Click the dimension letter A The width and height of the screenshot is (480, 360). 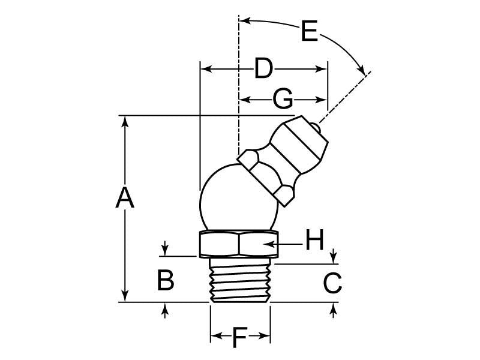(124, 198)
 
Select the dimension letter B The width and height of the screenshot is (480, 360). (166, 280)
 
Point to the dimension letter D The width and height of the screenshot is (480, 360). (263, 69)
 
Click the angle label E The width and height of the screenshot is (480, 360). (309, 31)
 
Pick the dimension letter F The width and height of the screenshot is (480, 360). (239, 340)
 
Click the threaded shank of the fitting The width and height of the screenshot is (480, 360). (240, 280)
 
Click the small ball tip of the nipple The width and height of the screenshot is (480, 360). (316, 127)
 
